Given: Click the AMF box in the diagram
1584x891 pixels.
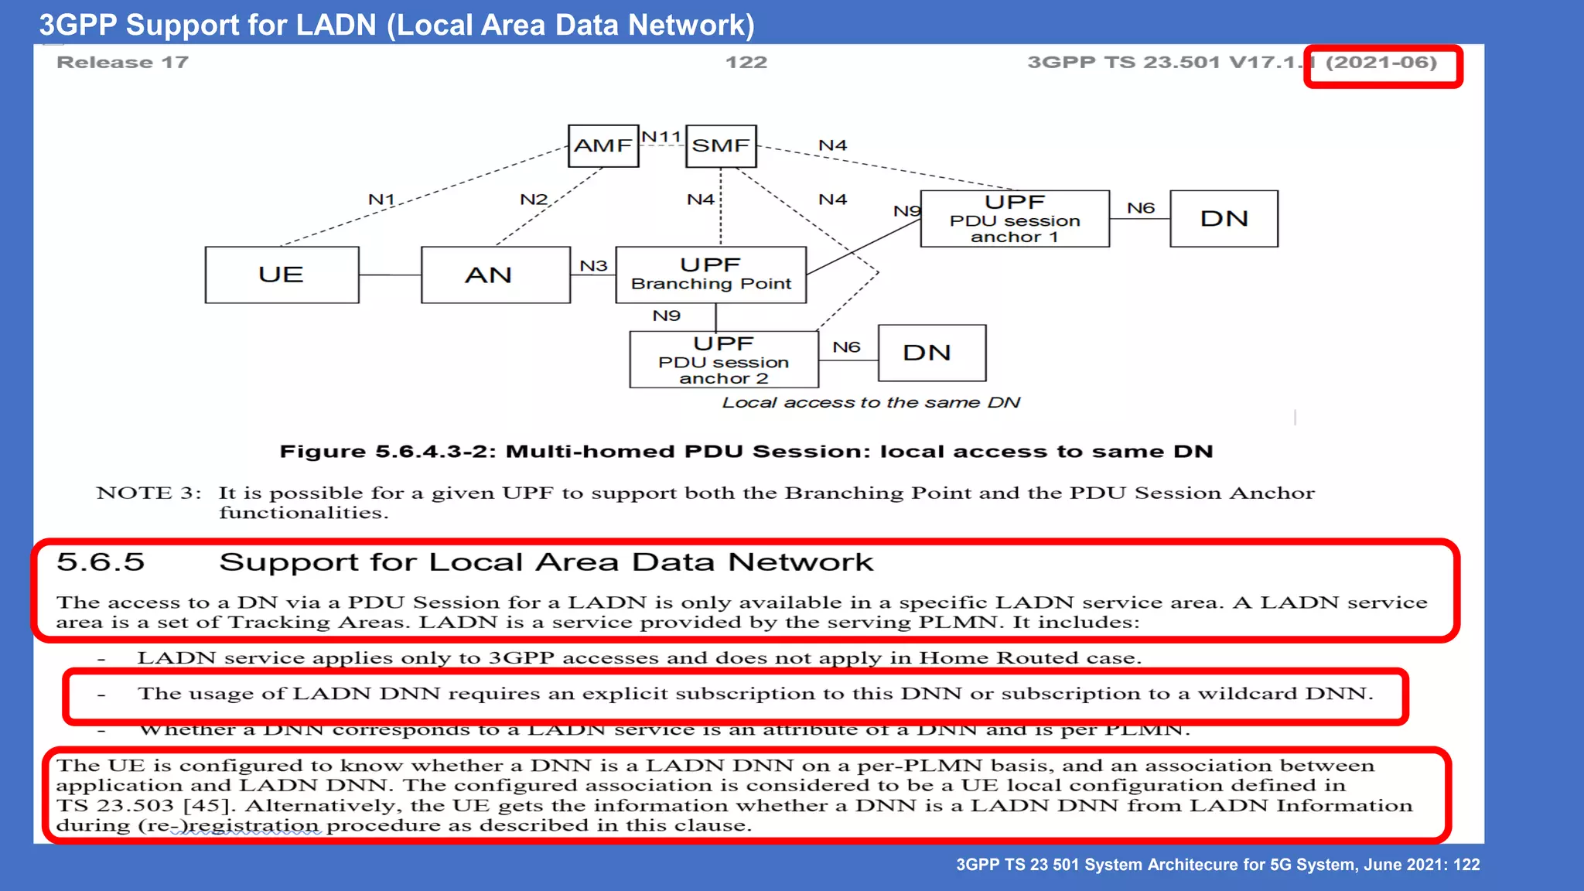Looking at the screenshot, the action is tap(603, 146).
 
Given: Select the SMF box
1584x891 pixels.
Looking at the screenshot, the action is tap(721, 146).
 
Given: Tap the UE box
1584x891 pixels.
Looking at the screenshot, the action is tap(282, 275).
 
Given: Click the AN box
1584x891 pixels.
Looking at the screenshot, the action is tap(495, 275).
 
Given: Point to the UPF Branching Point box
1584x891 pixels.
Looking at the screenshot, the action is tap(711, 275).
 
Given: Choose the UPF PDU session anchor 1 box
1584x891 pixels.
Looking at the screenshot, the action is tap(1015, 219).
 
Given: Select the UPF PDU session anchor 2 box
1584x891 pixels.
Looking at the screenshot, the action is tap(724, 360).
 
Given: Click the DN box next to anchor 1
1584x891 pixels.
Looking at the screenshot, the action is tap(1224, 219).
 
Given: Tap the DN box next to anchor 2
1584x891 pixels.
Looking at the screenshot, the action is tap(932, 353).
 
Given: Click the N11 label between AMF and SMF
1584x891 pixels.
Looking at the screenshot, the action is tap(661, 137).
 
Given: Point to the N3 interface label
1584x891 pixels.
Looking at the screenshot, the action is tap(593, 265).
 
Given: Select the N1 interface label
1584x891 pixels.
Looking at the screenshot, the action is tap(381, 200).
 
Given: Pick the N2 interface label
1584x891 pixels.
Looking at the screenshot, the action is tap(534, 200).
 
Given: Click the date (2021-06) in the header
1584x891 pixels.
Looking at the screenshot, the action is tap(1381, 63).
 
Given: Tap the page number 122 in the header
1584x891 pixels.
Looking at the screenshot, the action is tap(746, 63).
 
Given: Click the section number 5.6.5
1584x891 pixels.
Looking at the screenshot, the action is tap(101, 562).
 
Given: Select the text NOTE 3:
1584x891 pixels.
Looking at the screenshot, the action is tap(148, 493).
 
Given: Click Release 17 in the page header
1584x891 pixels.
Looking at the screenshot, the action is tap(122, 63).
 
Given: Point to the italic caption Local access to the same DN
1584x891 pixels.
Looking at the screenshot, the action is tap(871, 403).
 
